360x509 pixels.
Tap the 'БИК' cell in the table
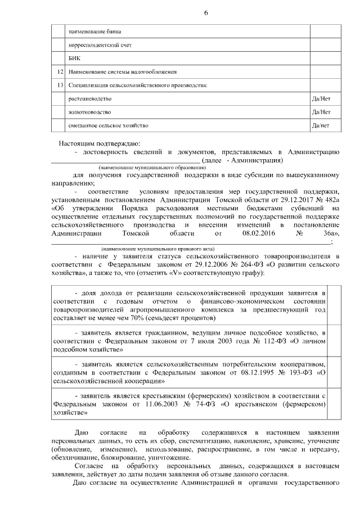74,58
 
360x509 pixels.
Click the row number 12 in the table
61,71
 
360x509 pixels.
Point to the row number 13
61,85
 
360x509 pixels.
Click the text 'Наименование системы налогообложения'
122,71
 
